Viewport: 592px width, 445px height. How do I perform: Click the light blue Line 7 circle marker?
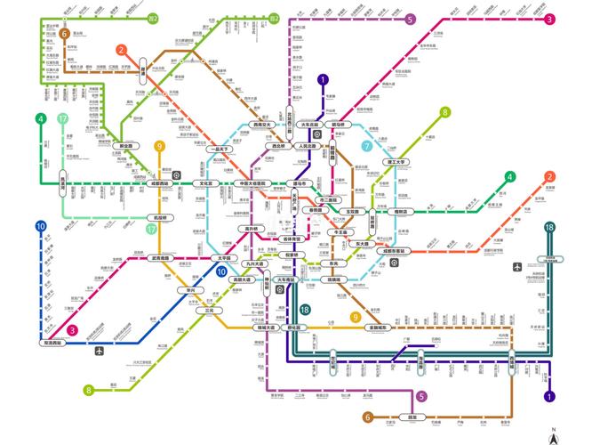(x=367, y=146)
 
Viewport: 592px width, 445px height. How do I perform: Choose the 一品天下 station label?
(x=217, y=150)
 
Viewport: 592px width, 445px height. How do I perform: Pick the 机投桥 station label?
(x=161, y=216)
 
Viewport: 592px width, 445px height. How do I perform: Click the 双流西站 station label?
(x=54, y=342)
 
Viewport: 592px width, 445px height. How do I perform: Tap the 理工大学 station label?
(x=396, y=162)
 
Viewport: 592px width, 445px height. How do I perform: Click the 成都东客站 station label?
(x=392, y=252)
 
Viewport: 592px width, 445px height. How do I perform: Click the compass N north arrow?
(x=552, y=434)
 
